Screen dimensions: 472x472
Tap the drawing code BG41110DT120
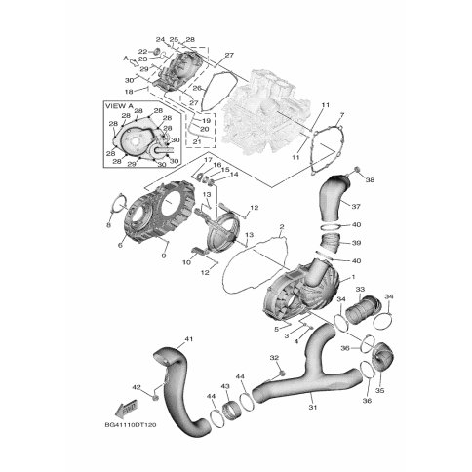[131, 425]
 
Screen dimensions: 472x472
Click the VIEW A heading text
[119, 106]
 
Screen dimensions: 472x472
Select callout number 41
[189, 339]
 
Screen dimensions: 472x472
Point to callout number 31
[313, 407]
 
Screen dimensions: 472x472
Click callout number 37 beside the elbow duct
[356, 206]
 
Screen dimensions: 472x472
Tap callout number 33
[360, 289]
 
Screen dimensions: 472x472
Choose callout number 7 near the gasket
[342, 115]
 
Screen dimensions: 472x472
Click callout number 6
[120, 245]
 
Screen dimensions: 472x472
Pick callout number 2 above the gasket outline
[282, 226]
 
